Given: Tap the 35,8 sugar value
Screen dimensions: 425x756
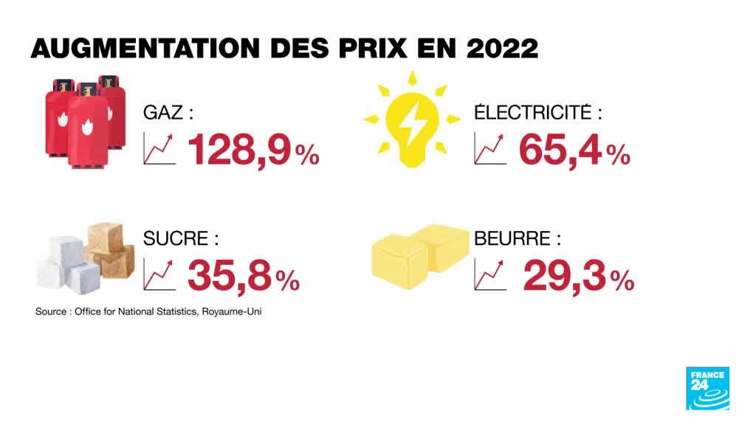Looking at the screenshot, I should point(228,275).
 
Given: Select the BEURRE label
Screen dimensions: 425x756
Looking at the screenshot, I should point(518,239).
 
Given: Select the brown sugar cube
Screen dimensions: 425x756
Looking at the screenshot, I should point(109,249).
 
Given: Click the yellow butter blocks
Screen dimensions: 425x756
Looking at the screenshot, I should point(420,255).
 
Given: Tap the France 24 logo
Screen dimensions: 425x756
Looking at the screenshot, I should point(707,387).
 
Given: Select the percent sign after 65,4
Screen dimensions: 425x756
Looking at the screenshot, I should point(618,154).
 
